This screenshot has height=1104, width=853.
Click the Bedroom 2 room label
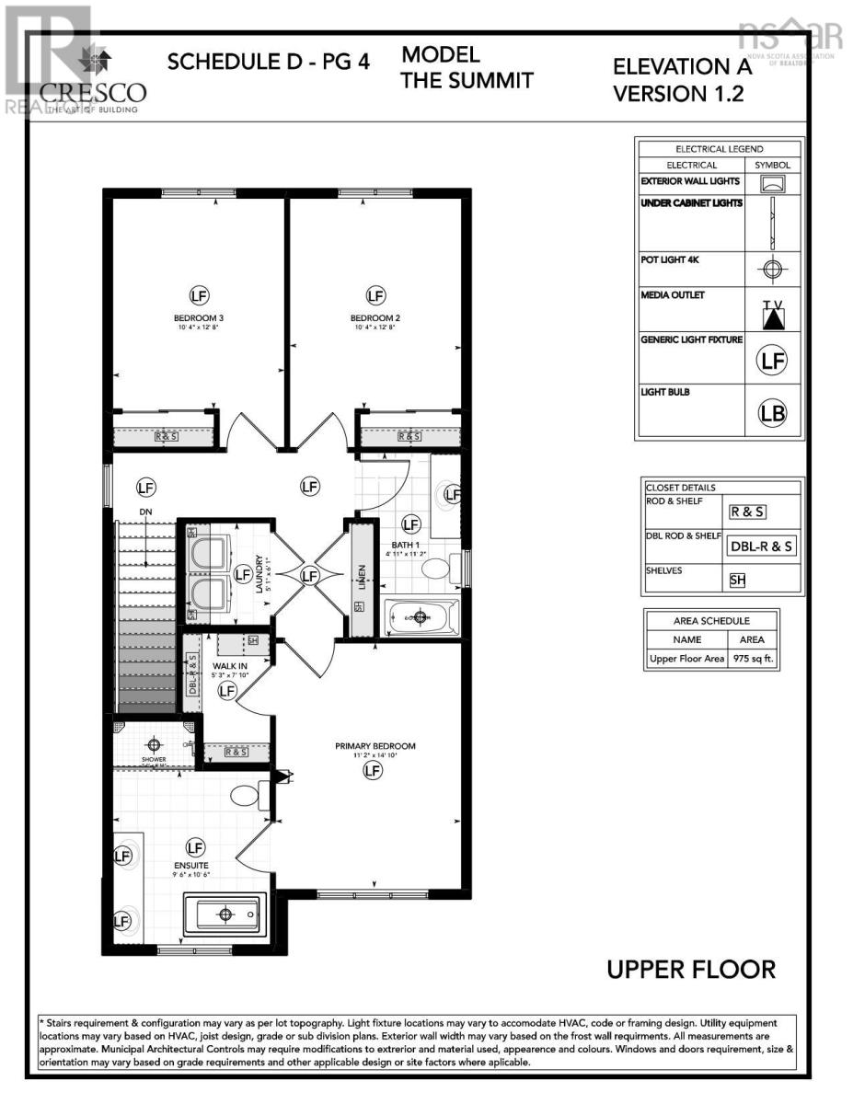click(x=375, y=318)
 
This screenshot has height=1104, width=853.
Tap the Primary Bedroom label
click(x=375, y=746)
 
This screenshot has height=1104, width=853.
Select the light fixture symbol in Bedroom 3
click(x=199, y=295)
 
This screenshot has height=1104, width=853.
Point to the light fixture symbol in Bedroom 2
click(x=375, y=295)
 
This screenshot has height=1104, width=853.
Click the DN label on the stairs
click(x=145, y=512)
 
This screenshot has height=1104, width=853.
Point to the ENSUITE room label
click(x=192, y=866)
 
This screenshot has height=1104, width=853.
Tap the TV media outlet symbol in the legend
click(x=773, y=314)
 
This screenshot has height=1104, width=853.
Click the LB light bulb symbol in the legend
click(x=773, y=413)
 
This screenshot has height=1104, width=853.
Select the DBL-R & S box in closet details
click(x=762, y=546)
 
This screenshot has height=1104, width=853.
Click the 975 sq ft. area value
click(x=753, y=659)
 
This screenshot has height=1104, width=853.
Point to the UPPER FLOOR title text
click(x=690, y=969)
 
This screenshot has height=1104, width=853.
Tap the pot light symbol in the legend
click(x=773, y=270)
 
